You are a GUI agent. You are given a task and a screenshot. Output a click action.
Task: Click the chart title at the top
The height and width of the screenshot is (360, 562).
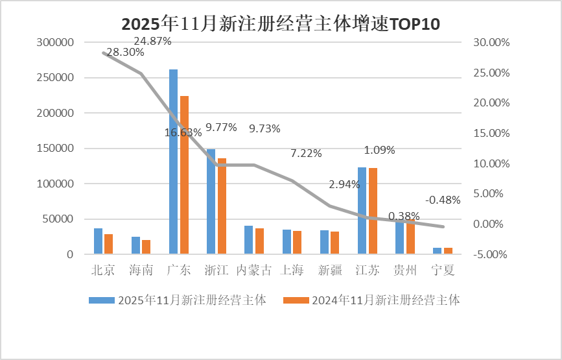pyautogui.click(x=281, y=25)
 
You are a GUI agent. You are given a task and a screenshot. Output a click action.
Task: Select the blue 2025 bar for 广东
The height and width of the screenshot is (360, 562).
pyautogui.click(x=173, y=162)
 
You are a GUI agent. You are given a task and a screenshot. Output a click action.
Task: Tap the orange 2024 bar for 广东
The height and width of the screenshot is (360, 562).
pyautogui.click(x=184, y=175)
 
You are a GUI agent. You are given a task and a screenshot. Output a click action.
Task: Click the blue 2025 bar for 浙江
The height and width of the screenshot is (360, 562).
pyautogui.click(x=211, y=201)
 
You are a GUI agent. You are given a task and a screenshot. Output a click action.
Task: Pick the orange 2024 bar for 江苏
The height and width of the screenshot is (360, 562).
pyautogui.click(x=373, y=211)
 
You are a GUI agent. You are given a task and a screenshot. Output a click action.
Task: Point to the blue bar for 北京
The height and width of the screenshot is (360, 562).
pyautogui.click(x=98, y=241)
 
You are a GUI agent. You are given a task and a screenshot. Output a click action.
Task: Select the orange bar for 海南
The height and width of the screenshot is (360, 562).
pyautogui.click(x=146, y=247)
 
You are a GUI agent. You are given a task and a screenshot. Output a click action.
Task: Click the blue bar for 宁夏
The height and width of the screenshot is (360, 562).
pyautogui.click(x=437, y=250)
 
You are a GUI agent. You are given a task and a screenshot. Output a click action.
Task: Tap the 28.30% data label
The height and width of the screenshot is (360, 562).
pyautogui.click(x=125, y=53)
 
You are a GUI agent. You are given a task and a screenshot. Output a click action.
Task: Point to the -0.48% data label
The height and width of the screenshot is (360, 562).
pyautogui.click(x=443, y=200)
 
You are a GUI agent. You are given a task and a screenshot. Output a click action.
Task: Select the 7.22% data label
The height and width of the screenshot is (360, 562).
pyautogui.click(x=306, y=154)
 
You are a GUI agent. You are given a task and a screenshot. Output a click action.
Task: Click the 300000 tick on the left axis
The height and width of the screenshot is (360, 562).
pyautogui.click(x=56, y=42)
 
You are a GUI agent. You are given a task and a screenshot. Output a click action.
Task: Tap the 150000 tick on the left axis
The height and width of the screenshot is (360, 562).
pyautogui.click(x=56, y=149)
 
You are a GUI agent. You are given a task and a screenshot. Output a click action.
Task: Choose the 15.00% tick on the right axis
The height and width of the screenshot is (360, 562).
pyautogui.click(x=493, y=133)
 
